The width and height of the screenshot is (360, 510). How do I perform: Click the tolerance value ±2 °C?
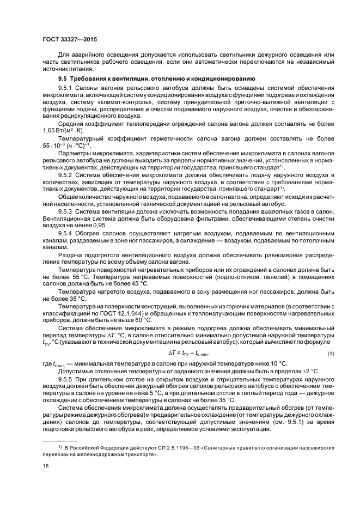[310, 372]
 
